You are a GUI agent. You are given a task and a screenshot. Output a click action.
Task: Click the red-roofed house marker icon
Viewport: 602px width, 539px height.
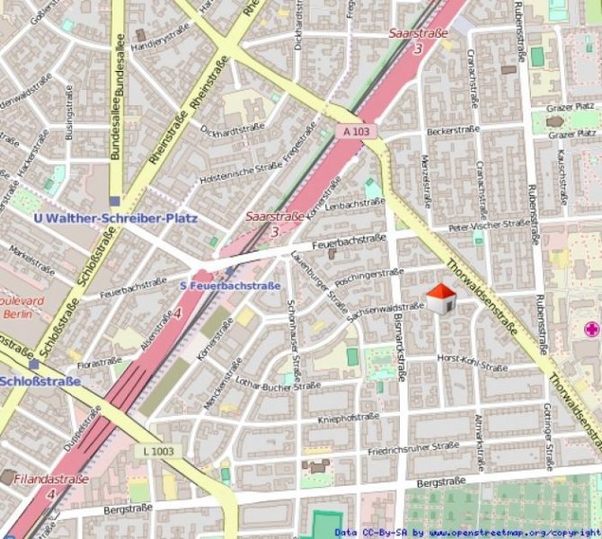tap(440, 299)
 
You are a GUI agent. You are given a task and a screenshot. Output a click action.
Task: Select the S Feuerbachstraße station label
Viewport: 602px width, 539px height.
tap(230, 286)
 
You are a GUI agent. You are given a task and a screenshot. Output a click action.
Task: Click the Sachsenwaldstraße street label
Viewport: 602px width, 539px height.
tap(385, 309)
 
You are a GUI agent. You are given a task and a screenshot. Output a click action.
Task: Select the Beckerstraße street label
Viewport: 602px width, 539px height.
tap(454, 130)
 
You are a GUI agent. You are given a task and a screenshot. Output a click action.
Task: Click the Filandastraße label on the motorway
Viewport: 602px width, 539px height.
tap(51, 480)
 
